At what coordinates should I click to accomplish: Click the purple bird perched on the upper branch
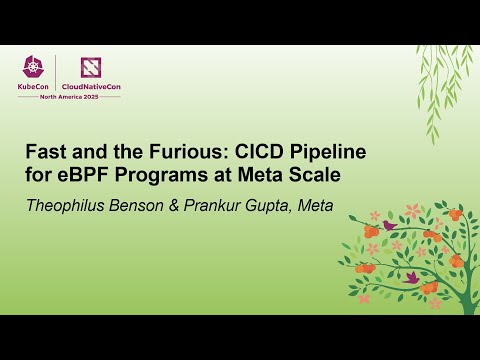[x=388, y=225]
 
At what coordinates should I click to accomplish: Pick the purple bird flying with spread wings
[x=410, y=276]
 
